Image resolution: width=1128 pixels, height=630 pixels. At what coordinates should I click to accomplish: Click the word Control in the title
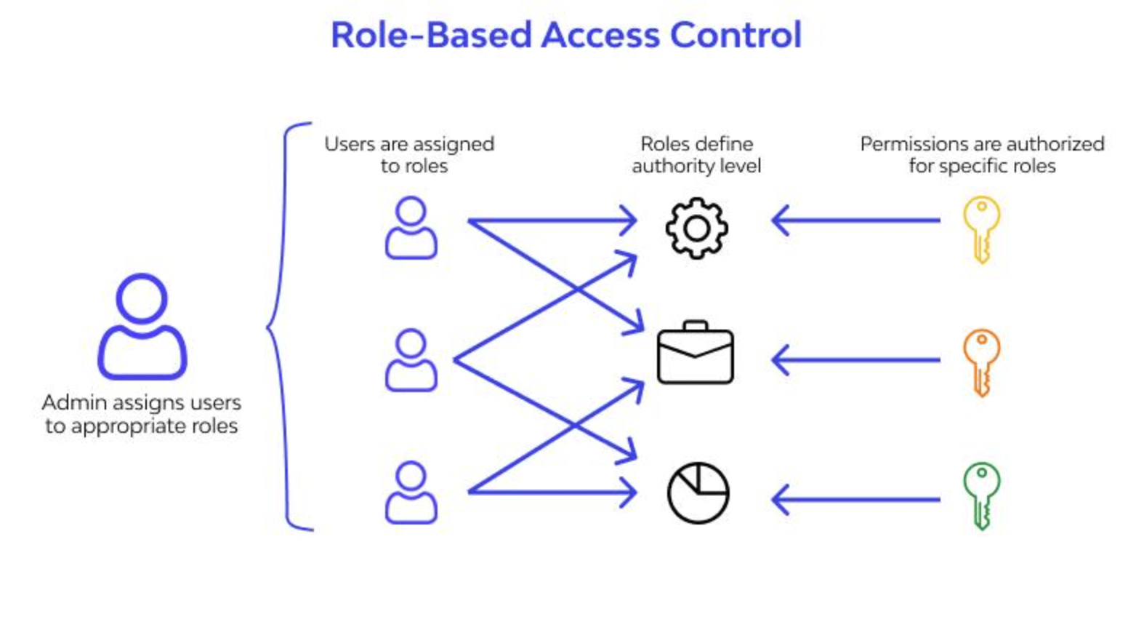736,35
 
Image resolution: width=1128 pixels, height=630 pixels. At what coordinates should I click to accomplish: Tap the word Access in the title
600,35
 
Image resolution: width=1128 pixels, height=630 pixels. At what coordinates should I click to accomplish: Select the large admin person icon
142,327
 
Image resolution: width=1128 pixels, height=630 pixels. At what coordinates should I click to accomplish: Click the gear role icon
696,228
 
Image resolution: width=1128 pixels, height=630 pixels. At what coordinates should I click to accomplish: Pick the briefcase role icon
696,352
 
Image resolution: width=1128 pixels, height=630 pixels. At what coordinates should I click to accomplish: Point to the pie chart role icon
698,493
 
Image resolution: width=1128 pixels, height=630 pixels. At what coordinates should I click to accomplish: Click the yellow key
981,230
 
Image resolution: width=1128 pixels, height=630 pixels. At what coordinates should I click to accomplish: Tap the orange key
981,363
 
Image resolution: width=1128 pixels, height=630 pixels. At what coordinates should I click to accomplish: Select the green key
981,496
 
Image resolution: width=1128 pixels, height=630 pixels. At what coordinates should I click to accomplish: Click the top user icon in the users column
411,228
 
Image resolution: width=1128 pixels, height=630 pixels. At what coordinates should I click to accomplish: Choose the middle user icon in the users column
411,360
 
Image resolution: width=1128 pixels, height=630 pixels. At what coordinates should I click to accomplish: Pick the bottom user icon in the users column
411,493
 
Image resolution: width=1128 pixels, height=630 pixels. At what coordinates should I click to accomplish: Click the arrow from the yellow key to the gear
855,220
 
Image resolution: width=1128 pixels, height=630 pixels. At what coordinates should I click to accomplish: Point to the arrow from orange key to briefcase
855,360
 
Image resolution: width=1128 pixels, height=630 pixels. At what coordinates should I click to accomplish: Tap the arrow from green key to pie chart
855,500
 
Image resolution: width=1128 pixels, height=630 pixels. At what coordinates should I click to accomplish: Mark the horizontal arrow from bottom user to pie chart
552,493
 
